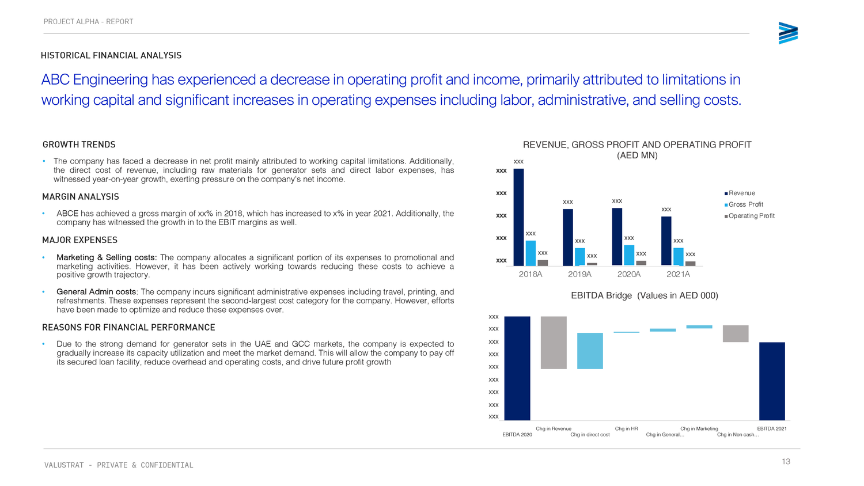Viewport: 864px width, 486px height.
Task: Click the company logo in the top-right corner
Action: pyautogui.click(x=788, y=33)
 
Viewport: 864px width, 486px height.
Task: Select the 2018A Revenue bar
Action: pyautogui.click(x=518, y=217)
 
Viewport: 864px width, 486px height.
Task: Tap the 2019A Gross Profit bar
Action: pyautogui.click(x=579, y=257)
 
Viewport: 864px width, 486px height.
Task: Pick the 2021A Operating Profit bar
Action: pyautogui.click(x=691, y=264)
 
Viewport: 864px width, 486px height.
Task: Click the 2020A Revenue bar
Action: pyautogui.click(x=617, y=237)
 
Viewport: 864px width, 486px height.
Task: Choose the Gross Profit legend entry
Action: pyautogui.click(x=744, y=204)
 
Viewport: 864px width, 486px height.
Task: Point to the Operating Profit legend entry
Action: pyautogui.click(x=749, y=215)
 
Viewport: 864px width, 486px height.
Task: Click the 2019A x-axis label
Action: pyautogui.click(x=579, y=274)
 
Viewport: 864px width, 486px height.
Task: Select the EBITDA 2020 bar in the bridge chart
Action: pyautogui.click(x=517, y=369)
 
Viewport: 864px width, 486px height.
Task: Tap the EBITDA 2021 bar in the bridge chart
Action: pyautogui.click(x=772, y=381)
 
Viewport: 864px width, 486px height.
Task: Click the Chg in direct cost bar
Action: pyautogui.click(x=590, y=351)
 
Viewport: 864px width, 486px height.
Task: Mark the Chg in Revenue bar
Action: pyautogui.click(x=554, y=343)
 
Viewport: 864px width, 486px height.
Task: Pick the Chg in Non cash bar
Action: pyautogui.click(x=736, y=333)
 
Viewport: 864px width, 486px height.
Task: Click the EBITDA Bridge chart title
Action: pyautogui.click(x=645, y=295)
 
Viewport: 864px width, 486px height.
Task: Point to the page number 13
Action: pyautogui.click(x=786, y=462)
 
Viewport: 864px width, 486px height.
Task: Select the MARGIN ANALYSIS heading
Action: pyautogui.click(x=81, y=197)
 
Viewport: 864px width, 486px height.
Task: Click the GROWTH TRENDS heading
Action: pyautogui.click(x=79, y=145)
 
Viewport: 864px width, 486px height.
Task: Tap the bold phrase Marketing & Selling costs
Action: pyautogui.click(x=107, y=257)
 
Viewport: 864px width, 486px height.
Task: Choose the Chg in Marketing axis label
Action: pyautogui.click(x=699, y=428)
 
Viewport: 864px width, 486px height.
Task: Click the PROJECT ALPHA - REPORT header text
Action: pyautogui.click(x=88, y=22)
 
